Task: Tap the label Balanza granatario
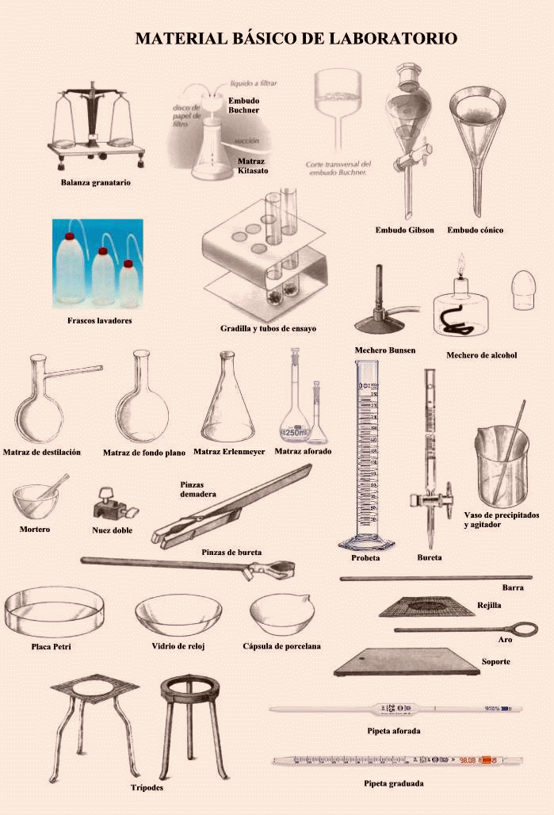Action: coord(95,182)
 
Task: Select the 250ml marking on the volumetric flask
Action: coord(294,432)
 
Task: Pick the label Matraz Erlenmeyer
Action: coord(229,452)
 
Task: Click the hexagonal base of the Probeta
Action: coord(366,544)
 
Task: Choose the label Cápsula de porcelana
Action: coord(281,646)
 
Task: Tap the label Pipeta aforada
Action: coord(394,730)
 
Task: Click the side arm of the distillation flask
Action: coord(75,370)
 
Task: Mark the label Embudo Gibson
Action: coord(404,230)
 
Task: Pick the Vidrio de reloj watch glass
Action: coord(178,615)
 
